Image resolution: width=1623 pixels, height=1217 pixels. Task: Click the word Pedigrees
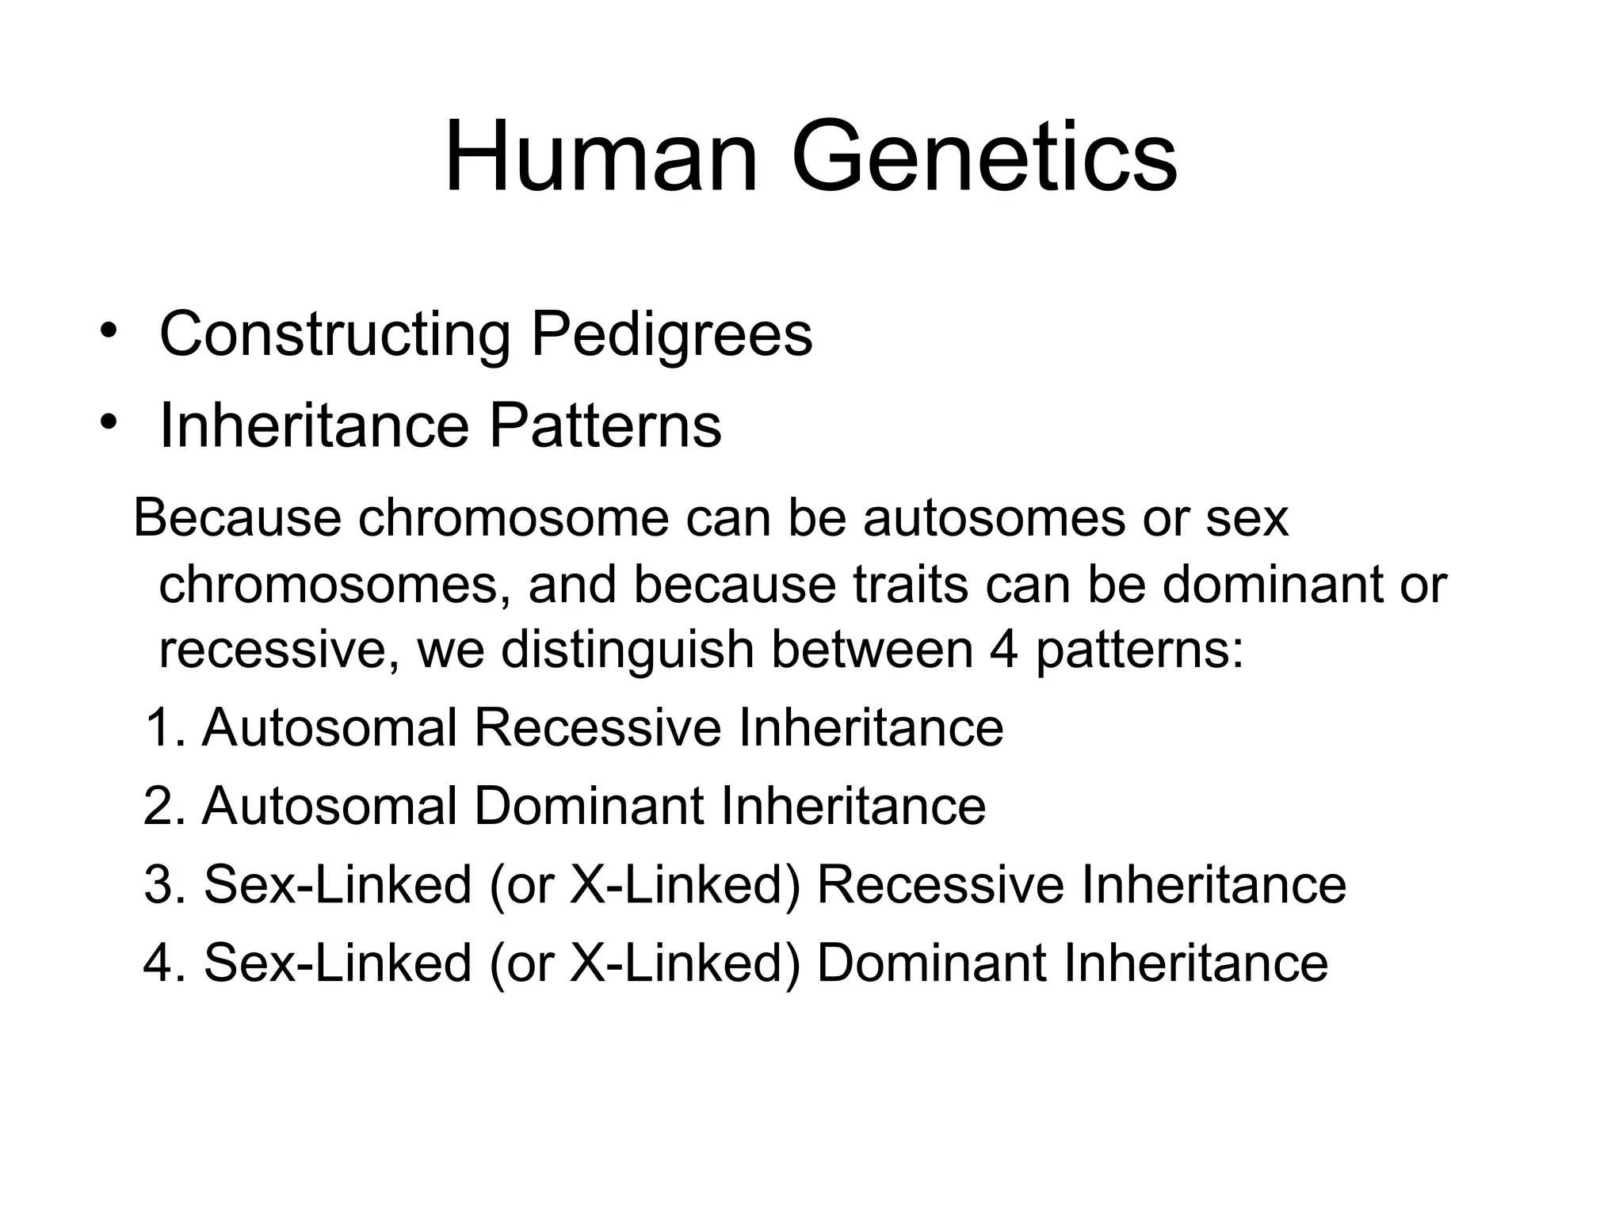click(x=671, y=334)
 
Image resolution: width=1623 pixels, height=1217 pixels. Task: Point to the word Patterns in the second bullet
click(x=605, y=426)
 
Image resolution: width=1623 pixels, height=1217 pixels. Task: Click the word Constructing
click(x=334, y=334)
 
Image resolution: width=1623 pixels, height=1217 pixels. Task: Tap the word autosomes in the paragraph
click(x=994, y=520)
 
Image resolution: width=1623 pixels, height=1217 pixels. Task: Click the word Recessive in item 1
click(x=598, y=727)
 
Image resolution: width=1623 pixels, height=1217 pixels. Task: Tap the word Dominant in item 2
click(x=588, y=807)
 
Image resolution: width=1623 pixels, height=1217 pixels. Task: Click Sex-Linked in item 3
click(x=338, y=885)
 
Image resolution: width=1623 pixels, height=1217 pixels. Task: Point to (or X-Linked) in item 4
click(x=644, y=963)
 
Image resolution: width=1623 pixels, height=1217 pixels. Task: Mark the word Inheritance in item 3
click(x=1213, y=885)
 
